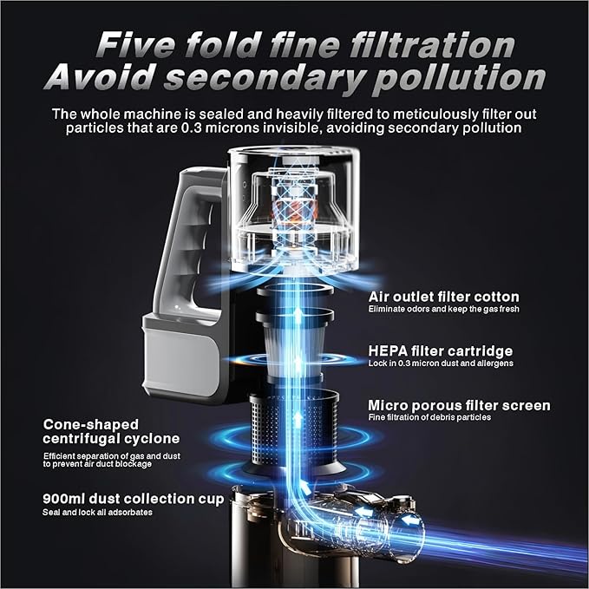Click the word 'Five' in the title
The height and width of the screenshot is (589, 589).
point(135,45)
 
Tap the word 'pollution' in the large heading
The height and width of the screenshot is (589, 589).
point(459,79)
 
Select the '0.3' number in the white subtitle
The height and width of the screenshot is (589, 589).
point(192,128)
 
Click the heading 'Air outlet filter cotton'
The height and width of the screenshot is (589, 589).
point(443,297)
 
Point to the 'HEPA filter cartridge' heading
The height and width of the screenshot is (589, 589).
point(441,350)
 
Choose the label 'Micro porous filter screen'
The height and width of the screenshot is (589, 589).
point(459,405)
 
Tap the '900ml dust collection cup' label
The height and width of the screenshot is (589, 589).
point(133,499)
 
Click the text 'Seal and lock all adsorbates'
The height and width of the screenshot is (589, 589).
point(97,513)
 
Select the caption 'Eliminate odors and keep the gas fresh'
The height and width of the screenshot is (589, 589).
point(443,309)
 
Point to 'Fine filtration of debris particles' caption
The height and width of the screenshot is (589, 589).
point(429,417)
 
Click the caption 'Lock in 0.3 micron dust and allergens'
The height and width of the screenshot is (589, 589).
point(441,363)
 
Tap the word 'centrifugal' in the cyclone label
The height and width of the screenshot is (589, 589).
point(81,438)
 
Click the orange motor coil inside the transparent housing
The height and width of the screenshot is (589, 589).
point(294,211)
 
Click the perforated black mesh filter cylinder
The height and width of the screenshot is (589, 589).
point(294,432)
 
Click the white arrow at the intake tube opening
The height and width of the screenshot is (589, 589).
point(410,520)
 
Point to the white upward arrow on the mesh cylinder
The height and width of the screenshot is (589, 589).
point(298,419)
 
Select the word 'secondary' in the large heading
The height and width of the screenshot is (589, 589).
point(264,79)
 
